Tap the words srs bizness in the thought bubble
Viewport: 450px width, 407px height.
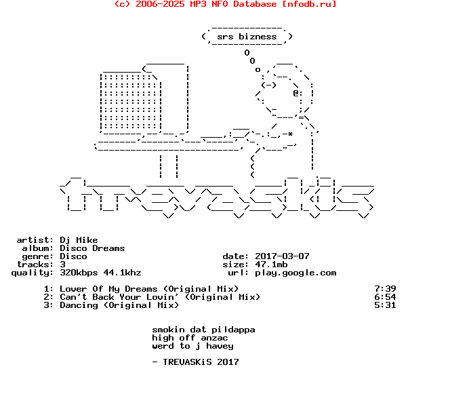[247, 37]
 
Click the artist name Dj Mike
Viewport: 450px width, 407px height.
[79, 240]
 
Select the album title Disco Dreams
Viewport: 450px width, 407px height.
[92, 248]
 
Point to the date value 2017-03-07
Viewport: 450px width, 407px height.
[282, 256]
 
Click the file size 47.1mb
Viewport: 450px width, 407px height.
[271, 265]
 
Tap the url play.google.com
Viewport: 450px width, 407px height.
[295, 273]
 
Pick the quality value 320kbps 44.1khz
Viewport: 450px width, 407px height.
[100, 272]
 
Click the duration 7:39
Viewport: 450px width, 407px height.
[385, 289]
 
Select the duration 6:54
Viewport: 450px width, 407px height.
[385, 296]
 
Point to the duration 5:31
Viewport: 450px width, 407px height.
[385, 305]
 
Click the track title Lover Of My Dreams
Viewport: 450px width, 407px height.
[108, 289]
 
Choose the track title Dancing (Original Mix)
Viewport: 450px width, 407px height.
[119, 305]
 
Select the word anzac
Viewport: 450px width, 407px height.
[214, 338]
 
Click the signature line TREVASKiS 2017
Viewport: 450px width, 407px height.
[201, 362]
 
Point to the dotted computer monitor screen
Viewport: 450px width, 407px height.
[131, 102]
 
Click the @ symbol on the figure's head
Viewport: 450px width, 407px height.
[296, 94]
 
